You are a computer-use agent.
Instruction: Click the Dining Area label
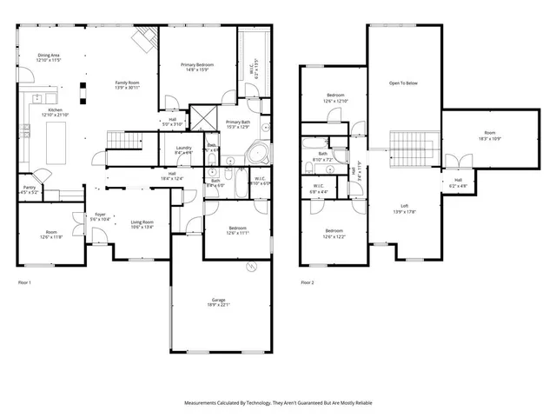point(50,55)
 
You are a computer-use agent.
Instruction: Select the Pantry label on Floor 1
point(29,188)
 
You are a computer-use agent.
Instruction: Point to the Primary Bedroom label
point(197,65)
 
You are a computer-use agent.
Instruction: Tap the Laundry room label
point(183,148)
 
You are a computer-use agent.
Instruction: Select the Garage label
point(219,300)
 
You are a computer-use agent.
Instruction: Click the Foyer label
point(101,214)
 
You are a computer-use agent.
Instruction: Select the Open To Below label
point(403,83)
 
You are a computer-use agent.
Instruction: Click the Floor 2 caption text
point(308,282)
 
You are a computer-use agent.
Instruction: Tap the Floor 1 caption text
point(24,282)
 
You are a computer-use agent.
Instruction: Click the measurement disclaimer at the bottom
point(278,402)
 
